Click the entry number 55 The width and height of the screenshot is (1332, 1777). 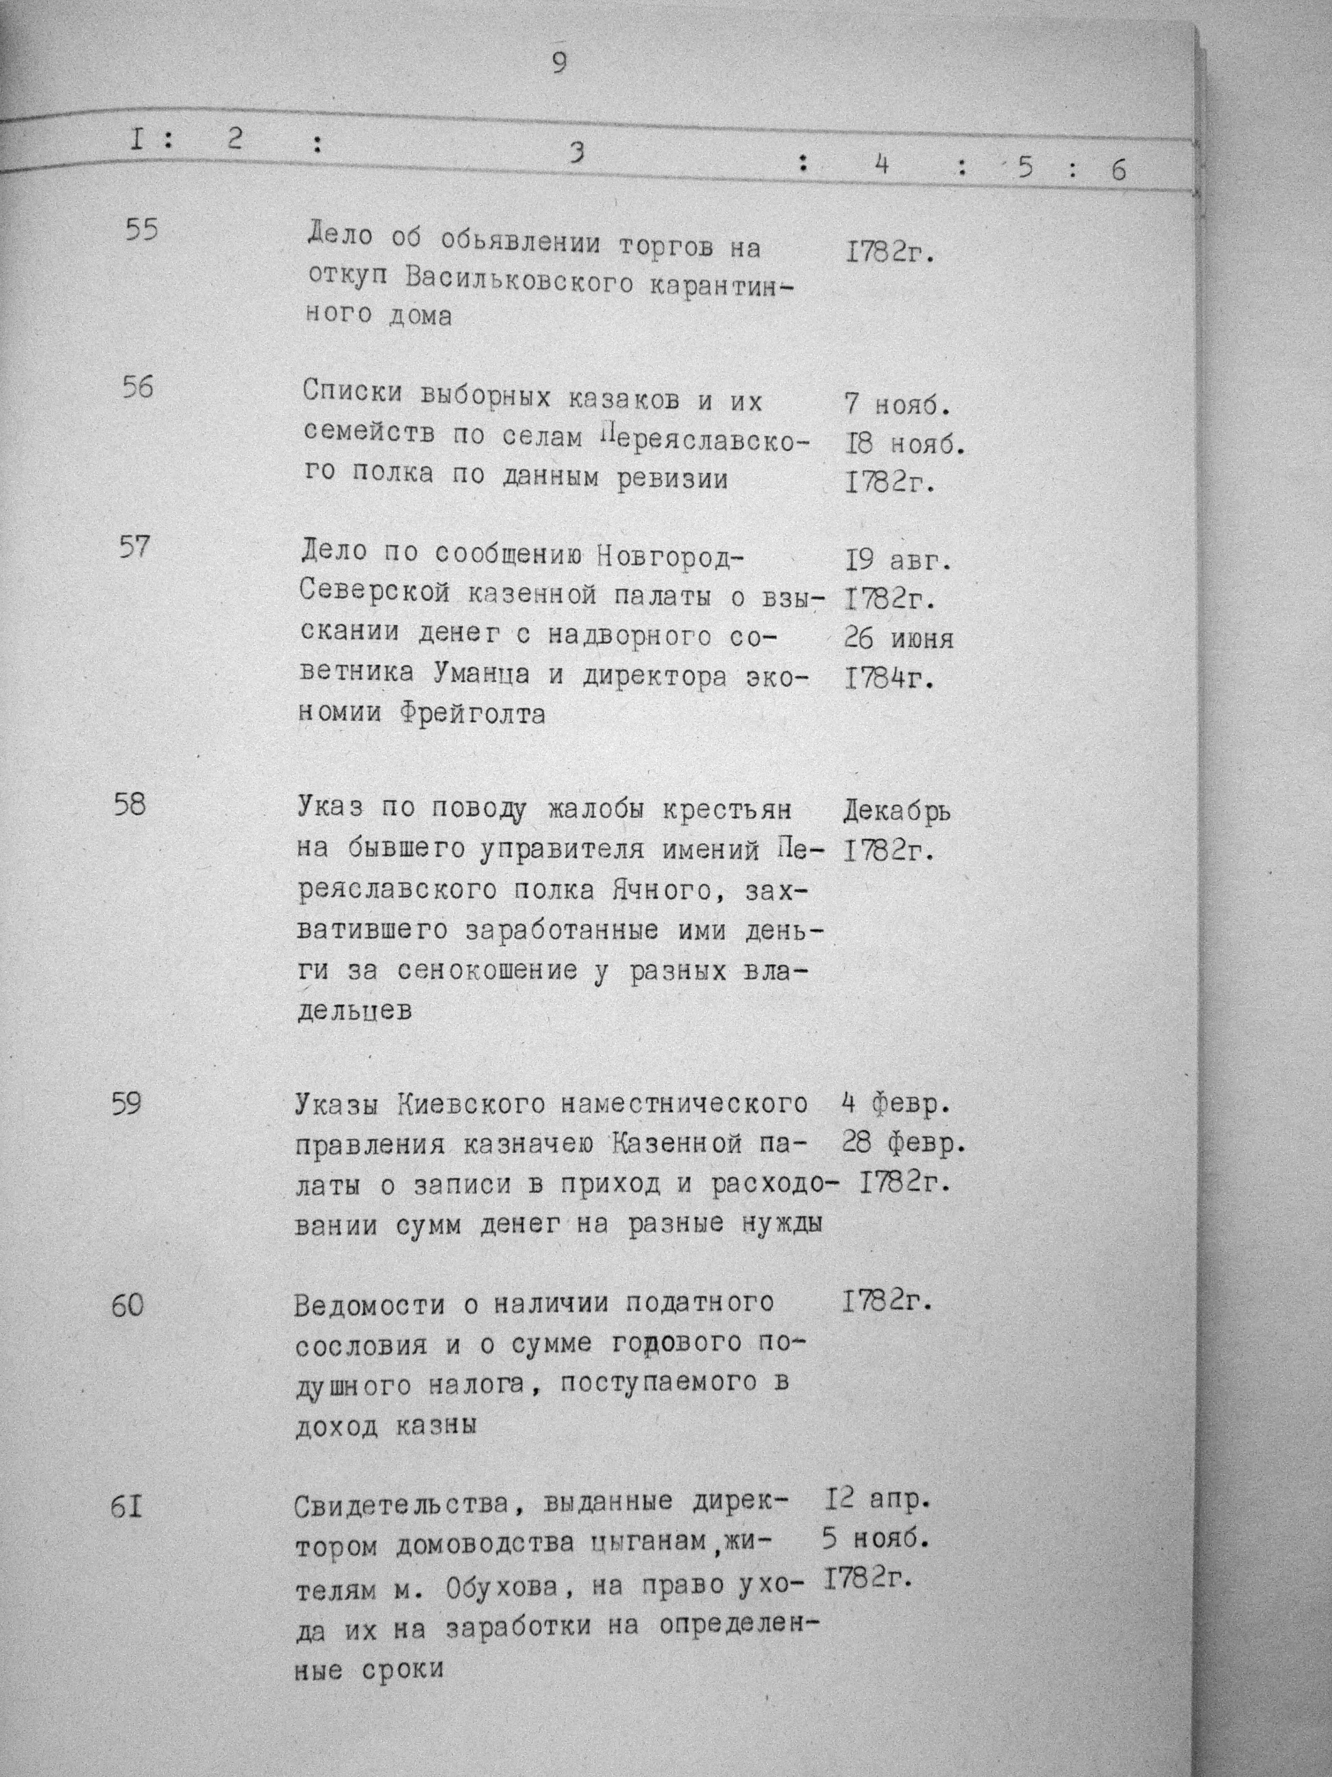(142, 230)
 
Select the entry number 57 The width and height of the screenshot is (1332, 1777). (134, 548)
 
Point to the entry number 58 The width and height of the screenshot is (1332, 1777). (130, 804)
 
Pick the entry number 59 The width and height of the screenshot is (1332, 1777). (127, 1104)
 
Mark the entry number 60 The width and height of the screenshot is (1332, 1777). (127, 1306)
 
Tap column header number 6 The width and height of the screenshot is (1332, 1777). (1118, 169)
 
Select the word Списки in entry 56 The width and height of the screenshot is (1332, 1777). (350, 394)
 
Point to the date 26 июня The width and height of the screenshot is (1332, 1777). (898, 639)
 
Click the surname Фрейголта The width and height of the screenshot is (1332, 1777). (471, 714)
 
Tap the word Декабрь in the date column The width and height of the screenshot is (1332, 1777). (897, 813)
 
